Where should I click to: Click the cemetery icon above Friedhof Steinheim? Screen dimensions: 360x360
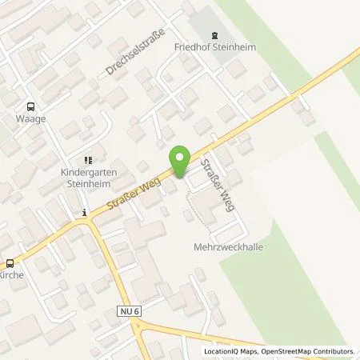point(214,34)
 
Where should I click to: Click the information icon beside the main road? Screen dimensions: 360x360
point(84,213)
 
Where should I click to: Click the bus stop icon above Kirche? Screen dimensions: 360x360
point(10,262)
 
